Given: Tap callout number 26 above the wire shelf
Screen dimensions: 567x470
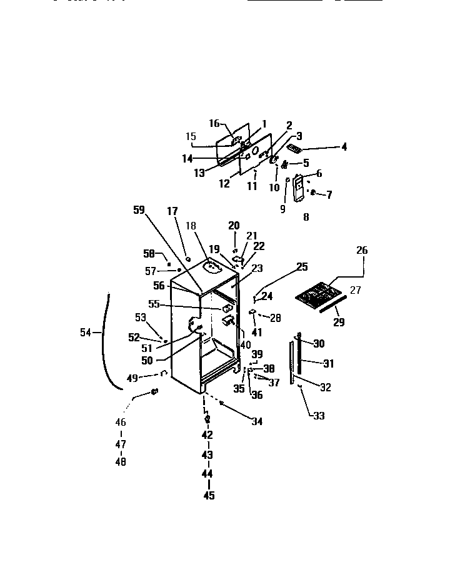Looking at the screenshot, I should [x=362, y=251].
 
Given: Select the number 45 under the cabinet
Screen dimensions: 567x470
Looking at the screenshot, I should [x=209, y=496].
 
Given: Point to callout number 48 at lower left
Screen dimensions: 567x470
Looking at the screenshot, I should [x=121, y=463].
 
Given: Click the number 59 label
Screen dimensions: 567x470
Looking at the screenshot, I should [x=138, y=211].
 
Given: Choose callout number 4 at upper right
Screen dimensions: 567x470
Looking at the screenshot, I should [x=344, y=148].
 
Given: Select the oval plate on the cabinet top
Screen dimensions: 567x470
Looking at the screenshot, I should [x=213, y=267].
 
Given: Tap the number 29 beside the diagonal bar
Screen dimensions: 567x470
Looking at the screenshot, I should [x=339, y=323].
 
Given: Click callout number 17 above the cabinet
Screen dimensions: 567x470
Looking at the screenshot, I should [x=172, y=211].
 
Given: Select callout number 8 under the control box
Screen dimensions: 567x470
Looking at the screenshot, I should [x=306, y=218].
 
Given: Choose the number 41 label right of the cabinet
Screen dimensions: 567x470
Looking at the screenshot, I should [x=257, y=333].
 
